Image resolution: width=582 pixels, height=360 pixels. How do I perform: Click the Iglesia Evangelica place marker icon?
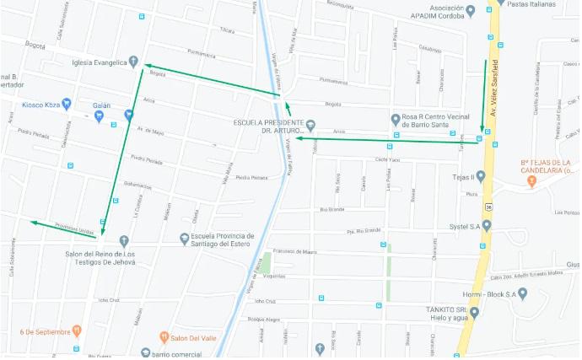click(133, 61)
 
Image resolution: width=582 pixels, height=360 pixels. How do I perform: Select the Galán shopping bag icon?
click(99, 115)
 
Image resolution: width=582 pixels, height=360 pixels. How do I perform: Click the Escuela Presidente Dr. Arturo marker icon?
click(310, 126)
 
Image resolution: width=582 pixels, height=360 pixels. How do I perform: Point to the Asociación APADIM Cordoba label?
click(437, 11)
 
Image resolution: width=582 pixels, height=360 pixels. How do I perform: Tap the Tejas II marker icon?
click(481, 176)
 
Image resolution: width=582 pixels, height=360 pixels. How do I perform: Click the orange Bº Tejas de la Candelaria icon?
click(531, 181)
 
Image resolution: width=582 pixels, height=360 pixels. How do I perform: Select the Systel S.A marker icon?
click(487, 225)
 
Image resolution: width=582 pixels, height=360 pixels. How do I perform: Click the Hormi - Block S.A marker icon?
click(523, 293)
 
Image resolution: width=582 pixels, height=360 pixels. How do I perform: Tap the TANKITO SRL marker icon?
click(474, 313)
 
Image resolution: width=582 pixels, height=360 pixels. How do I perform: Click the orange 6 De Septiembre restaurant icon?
click(77, 331)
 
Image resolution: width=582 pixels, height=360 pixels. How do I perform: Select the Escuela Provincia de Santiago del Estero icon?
click(185, 239)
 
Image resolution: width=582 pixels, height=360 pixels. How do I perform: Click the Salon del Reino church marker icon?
click(124, 241)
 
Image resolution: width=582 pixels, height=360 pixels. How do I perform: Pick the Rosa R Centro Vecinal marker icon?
click(395, 119)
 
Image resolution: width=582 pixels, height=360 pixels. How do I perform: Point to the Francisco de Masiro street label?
click(294, 251)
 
